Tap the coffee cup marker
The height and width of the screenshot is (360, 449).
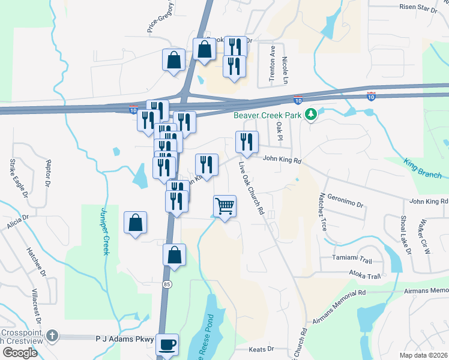(x=167, y=344)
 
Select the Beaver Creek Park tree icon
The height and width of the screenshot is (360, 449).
(x=311, y=114)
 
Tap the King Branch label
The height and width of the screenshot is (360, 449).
(x=423, y=169)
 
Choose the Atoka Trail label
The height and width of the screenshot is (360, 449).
(x=364, y=276)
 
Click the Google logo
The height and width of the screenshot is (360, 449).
(x=19, y=352)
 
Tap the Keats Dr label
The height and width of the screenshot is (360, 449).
(x=262, y=348)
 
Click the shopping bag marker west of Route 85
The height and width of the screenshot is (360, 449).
(x=135, y=223)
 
